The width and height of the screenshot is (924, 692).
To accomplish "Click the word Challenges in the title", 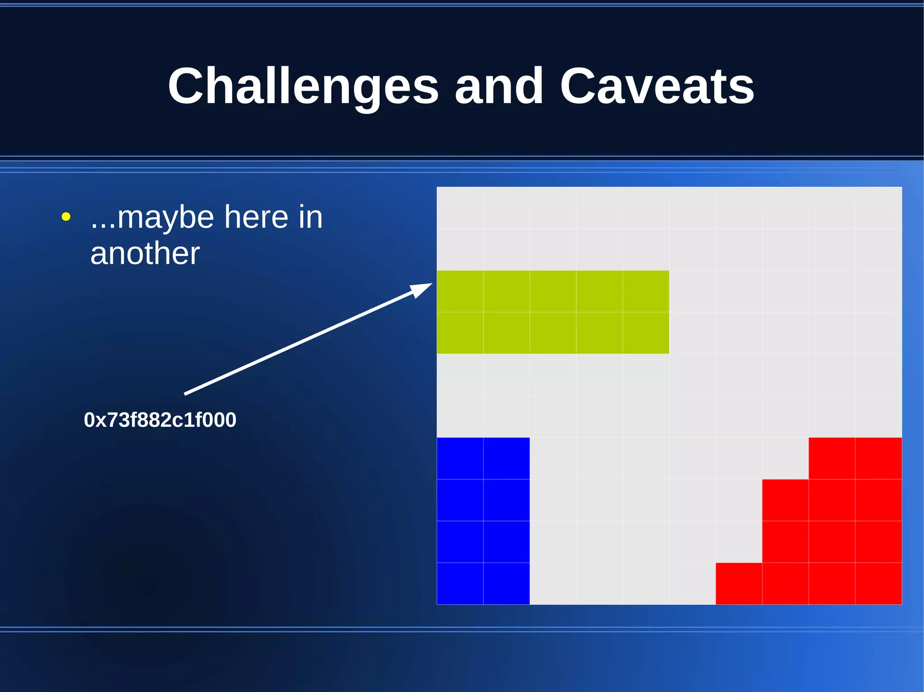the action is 303,86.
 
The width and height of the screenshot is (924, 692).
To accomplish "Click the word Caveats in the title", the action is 657,86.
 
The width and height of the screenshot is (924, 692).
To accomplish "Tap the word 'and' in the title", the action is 499,86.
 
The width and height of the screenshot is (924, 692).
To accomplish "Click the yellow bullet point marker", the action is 66,217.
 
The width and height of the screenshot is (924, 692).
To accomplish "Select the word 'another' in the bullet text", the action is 145,253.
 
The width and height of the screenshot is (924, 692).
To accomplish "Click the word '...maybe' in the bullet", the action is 152,218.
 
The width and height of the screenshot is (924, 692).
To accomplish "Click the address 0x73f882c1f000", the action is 160,420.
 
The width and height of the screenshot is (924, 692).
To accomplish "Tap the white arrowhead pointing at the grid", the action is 421,289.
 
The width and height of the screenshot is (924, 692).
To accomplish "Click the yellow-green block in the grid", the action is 553,312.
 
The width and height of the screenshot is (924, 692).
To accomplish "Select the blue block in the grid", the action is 483,521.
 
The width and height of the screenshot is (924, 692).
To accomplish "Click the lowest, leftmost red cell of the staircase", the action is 739,583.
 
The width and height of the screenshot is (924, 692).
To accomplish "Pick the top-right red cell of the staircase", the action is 878,458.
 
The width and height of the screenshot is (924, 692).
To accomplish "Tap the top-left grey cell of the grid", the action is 460,207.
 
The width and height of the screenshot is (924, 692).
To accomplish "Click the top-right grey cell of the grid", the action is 878,207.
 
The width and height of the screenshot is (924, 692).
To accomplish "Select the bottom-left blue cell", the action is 460,583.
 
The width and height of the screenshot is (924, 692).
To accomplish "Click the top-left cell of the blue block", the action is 460,458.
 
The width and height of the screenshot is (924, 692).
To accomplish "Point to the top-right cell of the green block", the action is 646,291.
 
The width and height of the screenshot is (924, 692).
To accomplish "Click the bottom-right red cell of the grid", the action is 878,583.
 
